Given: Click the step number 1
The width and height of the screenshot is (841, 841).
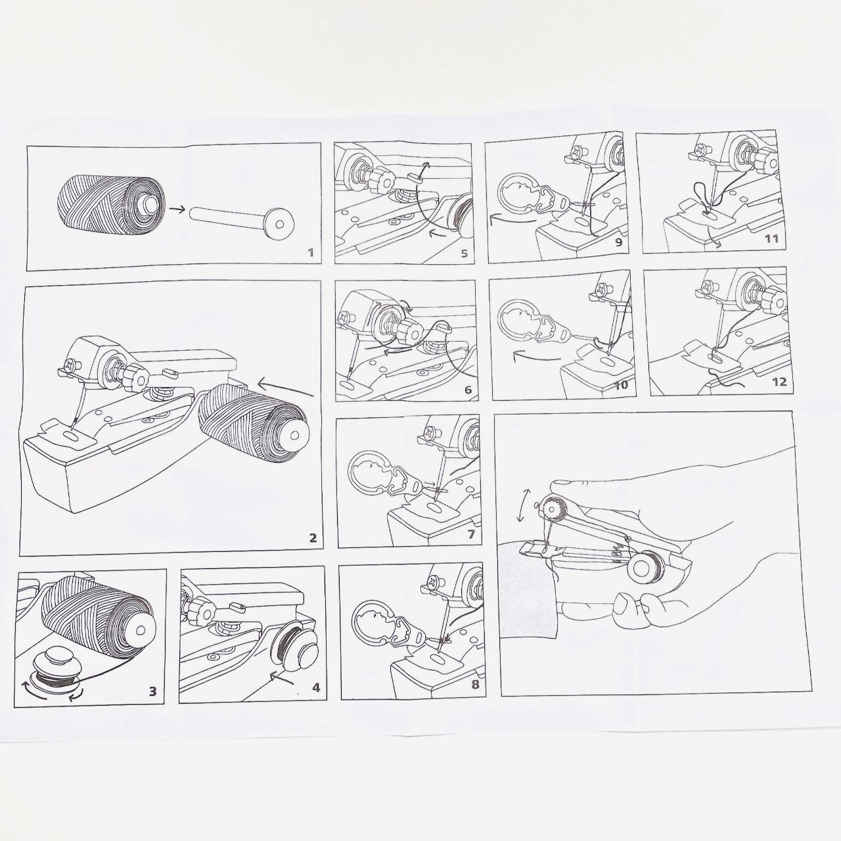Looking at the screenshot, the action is [310, 252].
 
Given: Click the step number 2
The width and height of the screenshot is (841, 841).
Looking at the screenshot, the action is [313, 537].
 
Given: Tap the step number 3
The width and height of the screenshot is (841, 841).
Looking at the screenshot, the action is [152, 691].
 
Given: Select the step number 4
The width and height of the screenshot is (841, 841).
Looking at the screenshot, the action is [316, 688].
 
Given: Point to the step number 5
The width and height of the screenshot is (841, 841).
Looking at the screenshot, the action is [464, 254].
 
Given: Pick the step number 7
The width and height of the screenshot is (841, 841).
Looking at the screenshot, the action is [470, 534].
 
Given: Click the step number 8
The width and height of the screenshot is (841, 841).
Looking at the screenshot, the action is [475, 684].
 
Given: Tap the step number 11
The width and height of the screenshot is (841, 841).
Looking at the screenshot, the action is [771, 239].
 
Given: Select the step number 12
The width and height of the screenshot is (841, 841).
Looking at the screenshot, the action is [779, 382].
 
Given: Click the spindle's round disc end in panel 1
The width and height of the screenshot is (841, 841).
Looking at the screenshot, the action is [280, 224].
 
